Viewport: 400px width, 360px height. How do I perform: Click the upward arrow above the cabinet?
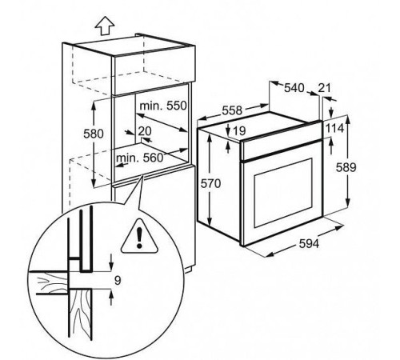[105, 26]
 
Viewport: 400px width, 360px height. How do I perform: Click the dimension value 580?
[94, 134]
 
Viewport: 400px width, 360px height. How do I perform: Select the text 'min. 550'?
[163, 106]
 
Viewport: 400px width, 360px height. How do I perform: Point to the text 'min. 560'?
[139, 158]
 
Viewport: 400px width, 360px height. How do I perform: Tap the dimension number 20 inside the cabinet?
[145, 131]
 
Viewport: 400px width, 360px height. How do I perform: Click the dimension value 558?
[232, 110]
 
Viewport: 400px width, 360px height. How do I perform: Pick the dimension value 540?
[294, 88]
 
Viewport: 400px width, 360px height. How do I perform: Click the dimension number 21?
[324, 88]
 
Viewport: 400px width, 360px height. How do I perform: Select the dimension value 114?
[335, 129]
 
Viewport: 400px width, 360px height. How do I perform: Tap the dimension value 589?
[346, 167]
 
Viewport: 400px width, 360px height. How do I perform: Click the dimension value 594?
[309, 243]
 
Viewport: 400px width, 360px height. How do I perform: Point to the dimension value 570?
[210, 183]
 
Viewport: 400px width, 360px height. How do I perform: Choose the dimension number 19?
[239, 130]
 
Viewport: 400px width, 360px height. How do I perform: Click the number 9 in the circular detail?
[118, 280]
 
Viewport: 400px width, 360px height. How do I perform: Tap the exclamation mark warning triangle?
[139, 236]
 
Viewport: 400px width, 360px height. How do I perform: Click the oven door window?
[283, 193]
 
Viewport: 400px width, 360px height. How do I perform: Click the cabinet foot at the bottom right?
[189, 269]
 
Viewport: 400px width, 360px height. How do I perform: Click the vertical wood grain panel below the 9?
[81, 314]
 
